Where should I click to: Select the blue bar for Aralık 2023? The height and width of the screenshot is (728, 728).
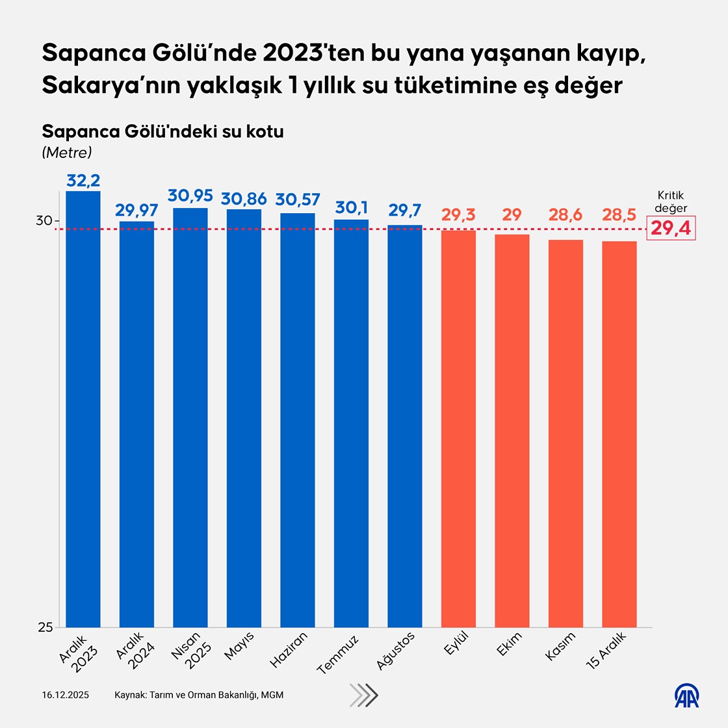83,409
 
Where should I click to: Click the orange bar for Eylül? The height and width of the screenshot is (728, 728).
458,428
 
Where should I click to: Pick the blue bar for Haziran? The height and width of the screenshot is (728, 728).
298,420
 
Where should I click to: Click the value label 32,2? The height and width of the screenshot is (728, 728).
83,180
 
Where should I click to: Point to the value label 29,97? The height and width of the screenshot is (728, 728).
136,210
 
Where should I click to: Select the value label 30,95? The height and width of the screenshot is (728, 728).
190,196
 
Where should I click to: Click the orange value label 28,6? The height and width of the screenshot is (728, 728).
565,214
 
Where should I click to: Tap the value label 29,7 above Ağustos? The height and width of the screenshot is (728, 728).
405,211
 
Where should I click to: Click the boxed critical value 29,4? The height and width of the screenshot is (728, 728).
671,229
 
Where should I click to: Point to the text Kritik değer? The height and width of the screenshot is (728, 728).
671,201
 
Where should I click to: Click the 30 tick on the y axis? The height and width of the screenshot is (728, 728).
44,221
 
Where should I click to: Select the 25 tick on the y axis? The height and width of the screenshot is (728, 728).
44,627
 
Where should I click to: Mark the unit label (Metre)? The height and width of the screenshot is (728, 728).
67,152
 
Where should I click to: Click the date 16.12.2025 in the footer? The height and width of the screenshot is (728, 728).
66,695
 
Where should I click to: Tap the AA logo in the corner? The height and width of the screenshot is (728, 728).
686,695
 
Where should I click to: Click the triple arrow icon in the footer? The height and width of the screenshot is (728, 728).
363,695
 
